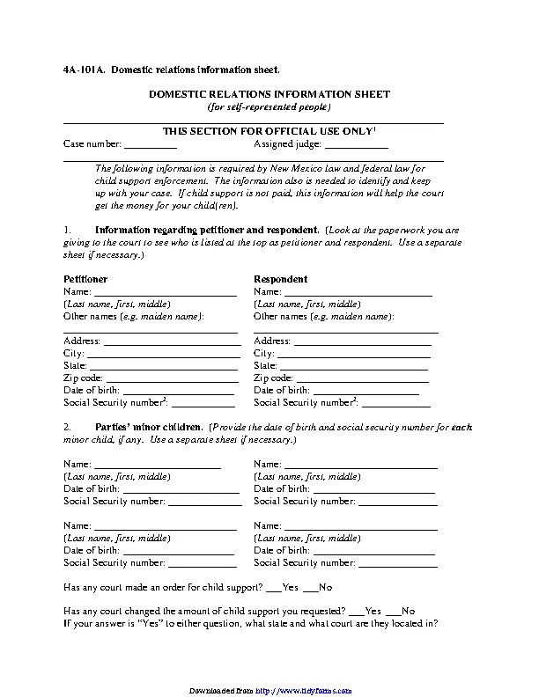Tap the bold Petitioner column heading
[x=85, y=278]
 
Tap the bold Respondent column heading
[x=281, y=278]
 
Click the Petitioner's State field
[x=163, y=366]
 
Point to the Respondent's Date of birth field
[x=365, y=391]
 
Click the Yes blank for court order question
[x=273, y=588]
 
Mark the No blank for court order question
[x=310, y=588]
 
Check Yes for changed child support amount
[x=356, y=611]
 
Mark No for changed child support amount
[x=393, y=611]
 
